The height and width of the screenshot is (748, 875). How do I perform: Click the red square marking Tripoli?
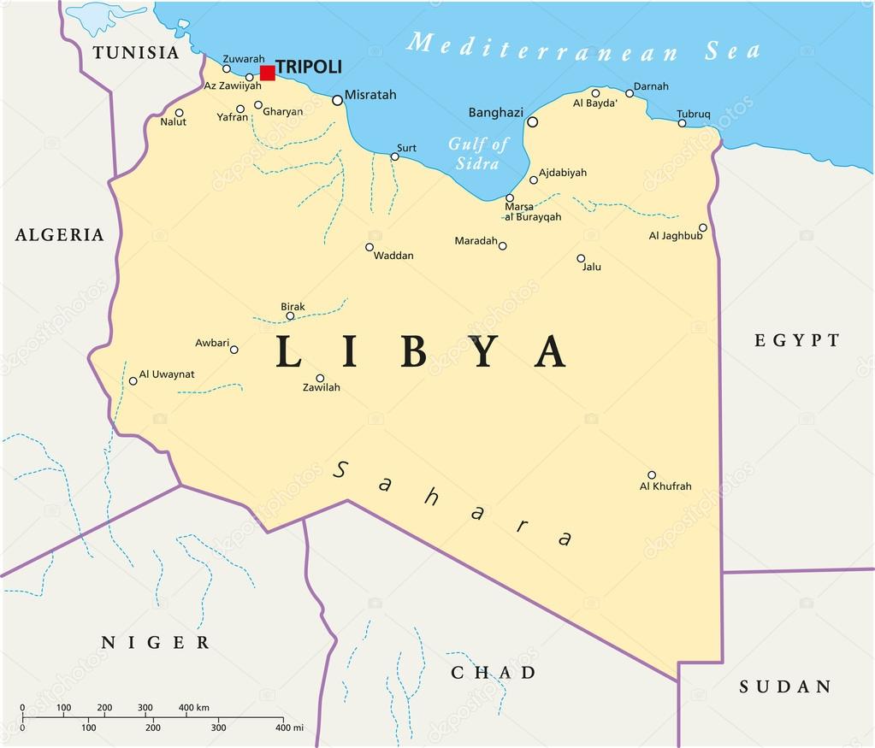(x=268, y=73)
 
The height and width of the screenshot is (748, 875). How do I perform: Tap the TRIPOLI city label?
(x=309, y=67)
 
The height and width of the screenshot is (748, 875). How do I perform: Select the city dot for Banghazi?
(x=533, y=122)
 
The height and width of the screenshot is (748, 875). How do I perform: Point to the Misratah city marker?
(x=337, y=100)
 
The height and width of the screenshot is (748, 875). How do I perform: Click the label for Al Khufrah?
(x=665, y=486)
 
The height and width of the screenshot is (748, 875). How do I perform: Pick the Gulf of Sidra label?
(x=477, y=153)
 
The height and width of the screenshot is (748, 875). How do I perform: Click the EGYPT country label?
(x=797, y=340)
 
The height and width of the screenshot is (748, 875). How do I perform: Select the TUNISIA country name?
(x=137, y=52)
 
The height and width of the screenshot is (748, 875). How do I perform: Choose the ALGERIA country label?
(x=60, y=235)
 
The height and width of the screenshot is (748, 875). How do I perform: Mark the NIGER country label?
(x=155, y=643)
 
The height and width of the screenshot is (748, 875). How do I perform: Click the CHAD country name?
(x=494, y=673)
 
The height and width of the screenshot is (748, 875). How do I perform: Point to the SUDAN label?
(x=785, y=686)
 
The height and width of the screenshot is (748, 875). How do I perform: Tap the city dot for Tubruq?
(x=683, y=123)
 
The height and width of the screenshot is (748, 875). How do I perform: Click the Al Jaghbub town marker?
(x=703, y=228)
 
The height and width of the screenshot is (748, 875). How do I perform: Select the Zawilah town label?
(x=322, y=387)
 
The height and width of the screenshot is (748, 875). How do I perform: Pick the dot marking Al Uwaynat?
(x=133, y=381)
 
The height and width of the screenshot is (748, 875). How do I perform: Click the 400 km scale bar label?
(x=194, y=708)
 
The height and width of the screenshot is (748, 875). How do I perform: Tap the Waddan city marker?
(x=370, y=247)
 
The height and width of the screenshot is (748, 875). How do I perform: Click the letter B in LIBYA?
(x=414, y=351)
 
